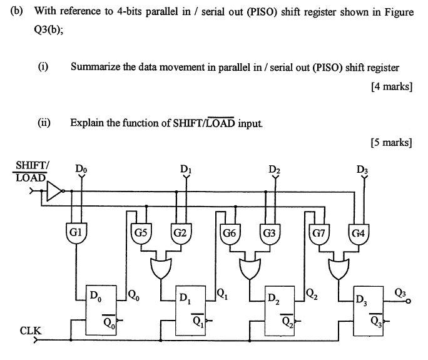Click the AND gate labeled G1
(76, 233)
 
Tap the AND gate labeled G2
(181, 234)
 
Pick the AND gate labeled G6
(229, 234)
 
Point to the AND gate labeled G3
(270, 234)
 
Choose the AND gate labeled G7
(317, 234)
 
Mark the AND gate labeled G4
(359, 234)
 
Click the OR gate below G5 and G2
(160, 267)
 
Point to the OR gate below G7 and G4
(339, 267)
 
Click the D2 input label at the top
(274, 169)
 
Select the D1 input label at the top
(185, 169)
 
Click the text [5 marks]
(392, 142)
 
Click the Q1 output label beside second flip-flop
(222, 292)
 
